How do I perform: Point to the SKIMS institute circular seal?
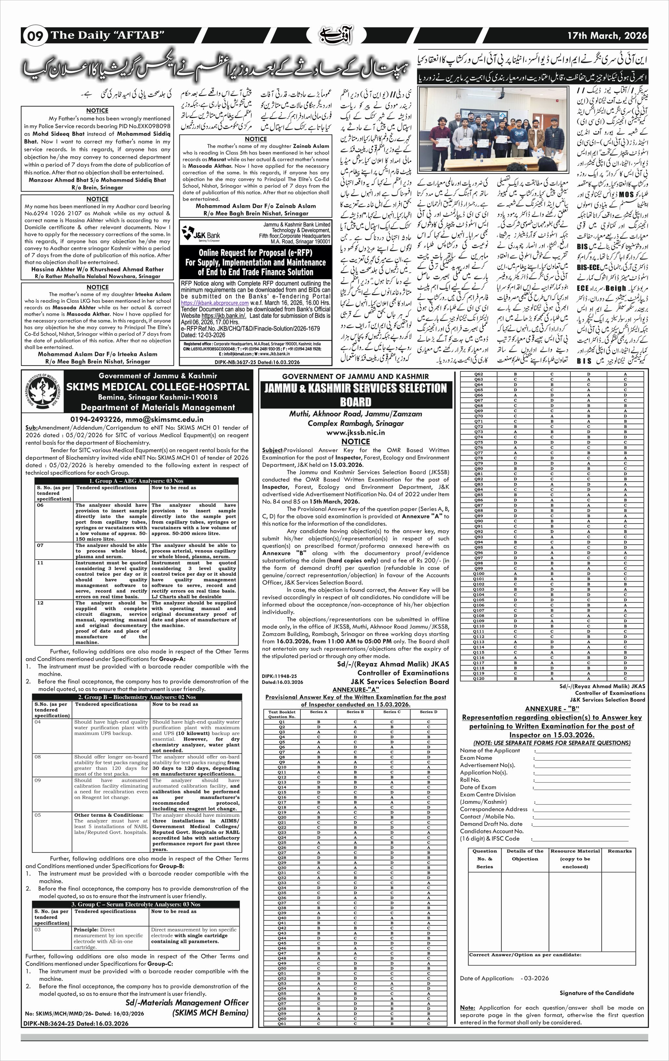coord(42,392)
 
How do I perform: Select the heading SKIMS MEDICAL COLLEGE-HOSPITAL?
coord(158,387)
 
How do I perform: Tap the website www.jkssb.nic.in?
coord(356,433)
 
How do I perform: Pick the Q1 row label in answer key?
coord(282,722)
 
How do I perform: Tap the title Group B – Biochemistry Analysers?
coord(137,697)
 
